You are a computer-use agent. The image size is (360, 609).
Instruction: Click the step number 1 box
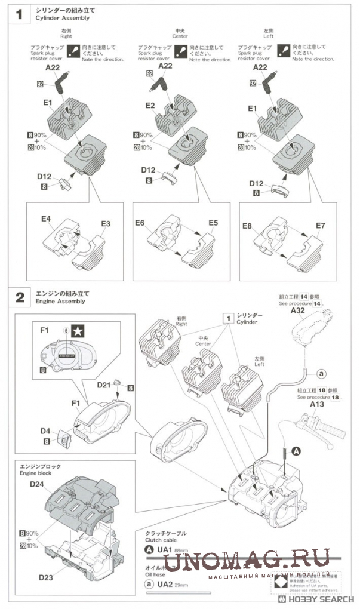tap(19, 14)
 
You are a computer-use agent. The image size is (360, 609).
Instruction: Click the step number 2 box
tap(19, 297)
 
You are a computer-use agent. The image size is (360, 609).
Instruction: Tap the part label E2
tap(150, 106)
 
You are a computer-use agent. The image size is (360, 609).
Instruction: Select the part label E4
tap(46, 219)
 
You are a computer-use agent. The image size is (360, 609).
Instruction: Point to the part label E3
tap(106, 223)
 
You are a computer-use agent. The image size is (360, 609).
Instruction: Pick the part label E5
tap(213, 223)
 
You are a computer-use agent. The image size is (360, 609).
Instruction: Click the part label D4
tap(45, 430)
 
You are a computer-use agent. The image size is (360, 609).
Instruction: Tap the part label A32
tap(297, 310)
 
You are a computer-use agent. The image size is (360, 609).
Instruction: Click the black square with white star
tap(78, 331)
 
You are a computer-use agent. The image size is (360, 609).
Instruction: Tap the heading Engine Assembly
tap(60, 301)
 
